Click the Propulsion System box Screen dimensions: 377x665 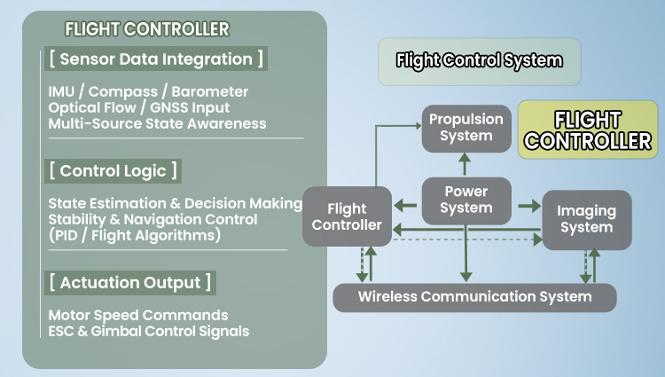click(465, 127)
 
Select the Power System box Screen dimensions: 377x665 click(465, 200)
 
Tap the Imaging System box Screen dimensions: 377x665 click(586, 219)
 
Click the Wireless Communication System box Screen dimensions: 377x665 click(474, 296)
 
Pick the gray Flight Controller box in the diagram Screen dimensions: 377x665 click(347, 217)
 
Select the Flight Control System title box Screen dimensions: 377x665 click(479, 61)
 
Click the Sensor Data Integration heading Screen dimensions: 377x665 click(156, 59)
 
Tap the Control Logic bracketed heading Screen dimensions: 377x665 click(113, 170)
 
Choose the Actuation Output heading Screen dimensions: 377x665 click(130, 283)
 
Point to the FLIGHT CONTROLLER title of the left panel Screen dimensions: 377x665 click(146, 29)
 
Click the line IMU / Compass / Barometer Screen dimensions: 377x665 click(148, 91)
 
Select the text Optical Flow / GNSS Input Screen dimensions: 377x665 click(144, 107)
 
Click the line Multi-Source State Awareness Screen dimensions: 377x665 click(157, 123)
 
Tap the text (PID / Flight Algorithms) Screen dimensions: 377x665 click(134, 235)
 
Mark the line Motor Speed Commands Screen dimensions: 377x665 click(137, 315)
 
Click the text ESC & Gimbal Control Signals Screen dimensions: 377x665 click(148, 331)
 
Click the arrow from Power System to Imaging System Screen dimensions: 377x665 click(528, 206)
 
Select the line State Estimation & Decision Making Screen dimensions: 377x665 click(175, 203)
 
